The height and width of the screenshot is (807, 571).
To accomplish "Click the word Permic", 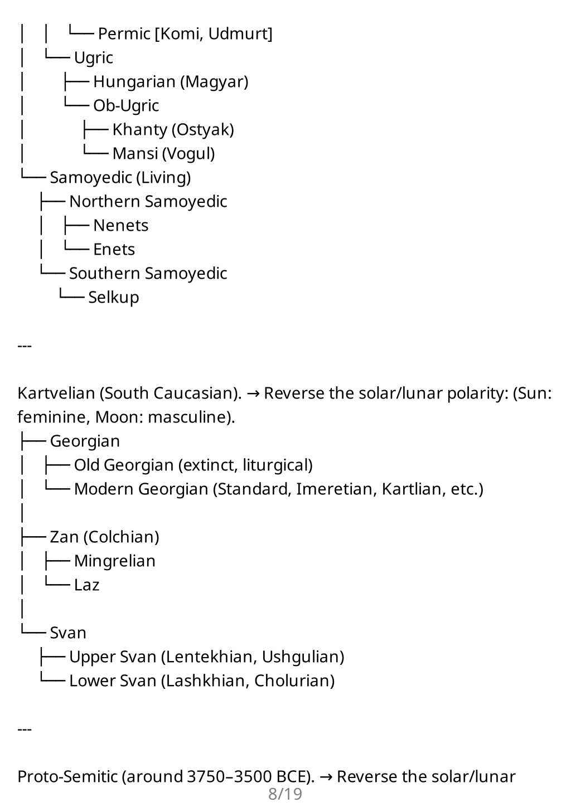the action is click(x=124, y=34).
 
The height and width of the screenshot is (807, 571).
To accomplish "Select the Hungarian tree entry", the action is click(x=134, y=82).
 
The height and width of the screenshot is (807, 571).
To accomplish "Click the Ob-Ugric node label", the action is click(x=126, y=105).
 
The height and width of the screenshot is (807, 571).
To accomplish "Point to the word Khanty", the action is click(x=140, y=130).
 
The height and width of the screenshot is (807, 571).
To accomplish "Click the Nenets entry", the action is click(x=121, y=226).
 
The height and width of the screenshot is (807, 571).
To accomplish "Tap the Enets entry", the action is click(x=114, y=250).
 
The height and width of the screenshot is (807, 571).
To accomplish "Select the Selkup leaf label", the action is click(x=114, y=298).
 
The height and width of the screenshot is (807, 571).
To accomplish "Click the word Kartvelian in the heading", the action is click(x=56, y=393).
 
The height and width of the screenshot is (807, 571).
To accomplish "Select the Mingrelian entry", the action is click(x=115, y=561).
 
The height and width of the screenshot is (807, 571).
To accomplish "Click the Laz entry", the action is click(x=86, y=585).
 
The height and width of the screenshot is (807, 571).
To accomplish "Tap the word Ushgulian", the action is click(x=301, y=657).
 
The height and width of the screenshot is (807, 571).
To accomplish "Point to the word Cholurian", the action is click(x=292, y=681).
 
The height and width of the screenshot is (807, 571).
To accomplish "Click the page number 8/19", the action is click(x=285, y=794).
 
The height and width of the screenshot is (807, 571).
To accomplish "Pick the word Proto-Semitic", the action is click(x=67, y=777).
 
